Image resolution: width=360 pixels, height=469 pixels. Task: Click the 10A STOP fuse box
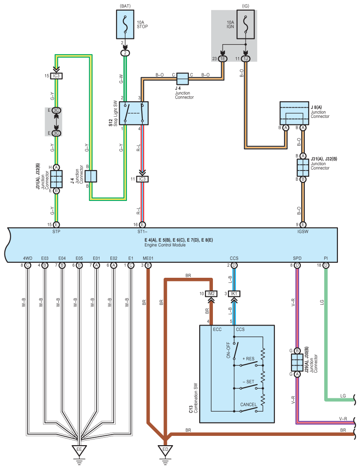[125, 25]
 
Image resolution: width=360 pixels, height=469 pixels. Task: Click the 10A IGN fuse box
[246, 25]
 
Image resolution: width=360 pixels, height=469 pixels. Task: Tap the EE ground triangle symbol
[79, 450]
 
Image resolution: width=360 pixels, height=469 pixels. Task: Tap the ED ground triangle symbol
[165, 450]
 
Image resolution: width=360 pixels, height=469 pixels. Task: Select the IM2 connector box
[211, 294]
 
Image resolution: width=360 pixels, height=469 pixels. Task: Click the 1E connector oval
[222, 59]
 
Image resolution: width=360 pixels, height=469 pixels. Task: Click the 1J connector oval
[246, 59]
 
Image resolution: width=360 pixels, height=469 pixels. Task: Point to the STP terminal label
[56, 231]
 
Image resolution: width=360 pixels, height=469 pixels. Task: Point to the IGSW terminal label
[303, 231]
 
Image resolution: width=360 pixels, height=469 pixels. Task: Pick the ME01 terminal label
[148, 258]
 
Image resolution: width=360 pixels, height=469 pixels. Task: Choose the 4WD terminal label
[27, 258]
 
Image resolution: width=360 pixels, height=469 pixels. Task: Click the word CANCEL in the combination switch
[248, 405]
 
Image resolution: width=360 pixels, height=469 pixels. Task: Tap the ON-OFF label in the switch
[228, 350]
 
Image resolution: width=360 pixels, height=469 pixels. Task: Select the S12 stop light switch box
[134, 113]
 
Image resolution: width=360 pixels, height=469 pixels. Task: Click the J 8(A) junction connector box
[294, 113]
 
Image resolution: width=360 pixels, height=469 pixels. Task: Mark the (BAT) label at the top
[125, 6]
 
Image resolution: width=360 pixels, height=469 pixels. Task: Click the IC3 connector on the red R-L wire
[142, 179]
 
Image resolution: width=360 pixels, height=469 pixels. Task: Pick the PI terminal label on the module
[326, 258]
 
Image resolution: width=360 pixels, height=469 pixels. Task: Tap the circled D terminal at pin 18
[326, 265]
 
